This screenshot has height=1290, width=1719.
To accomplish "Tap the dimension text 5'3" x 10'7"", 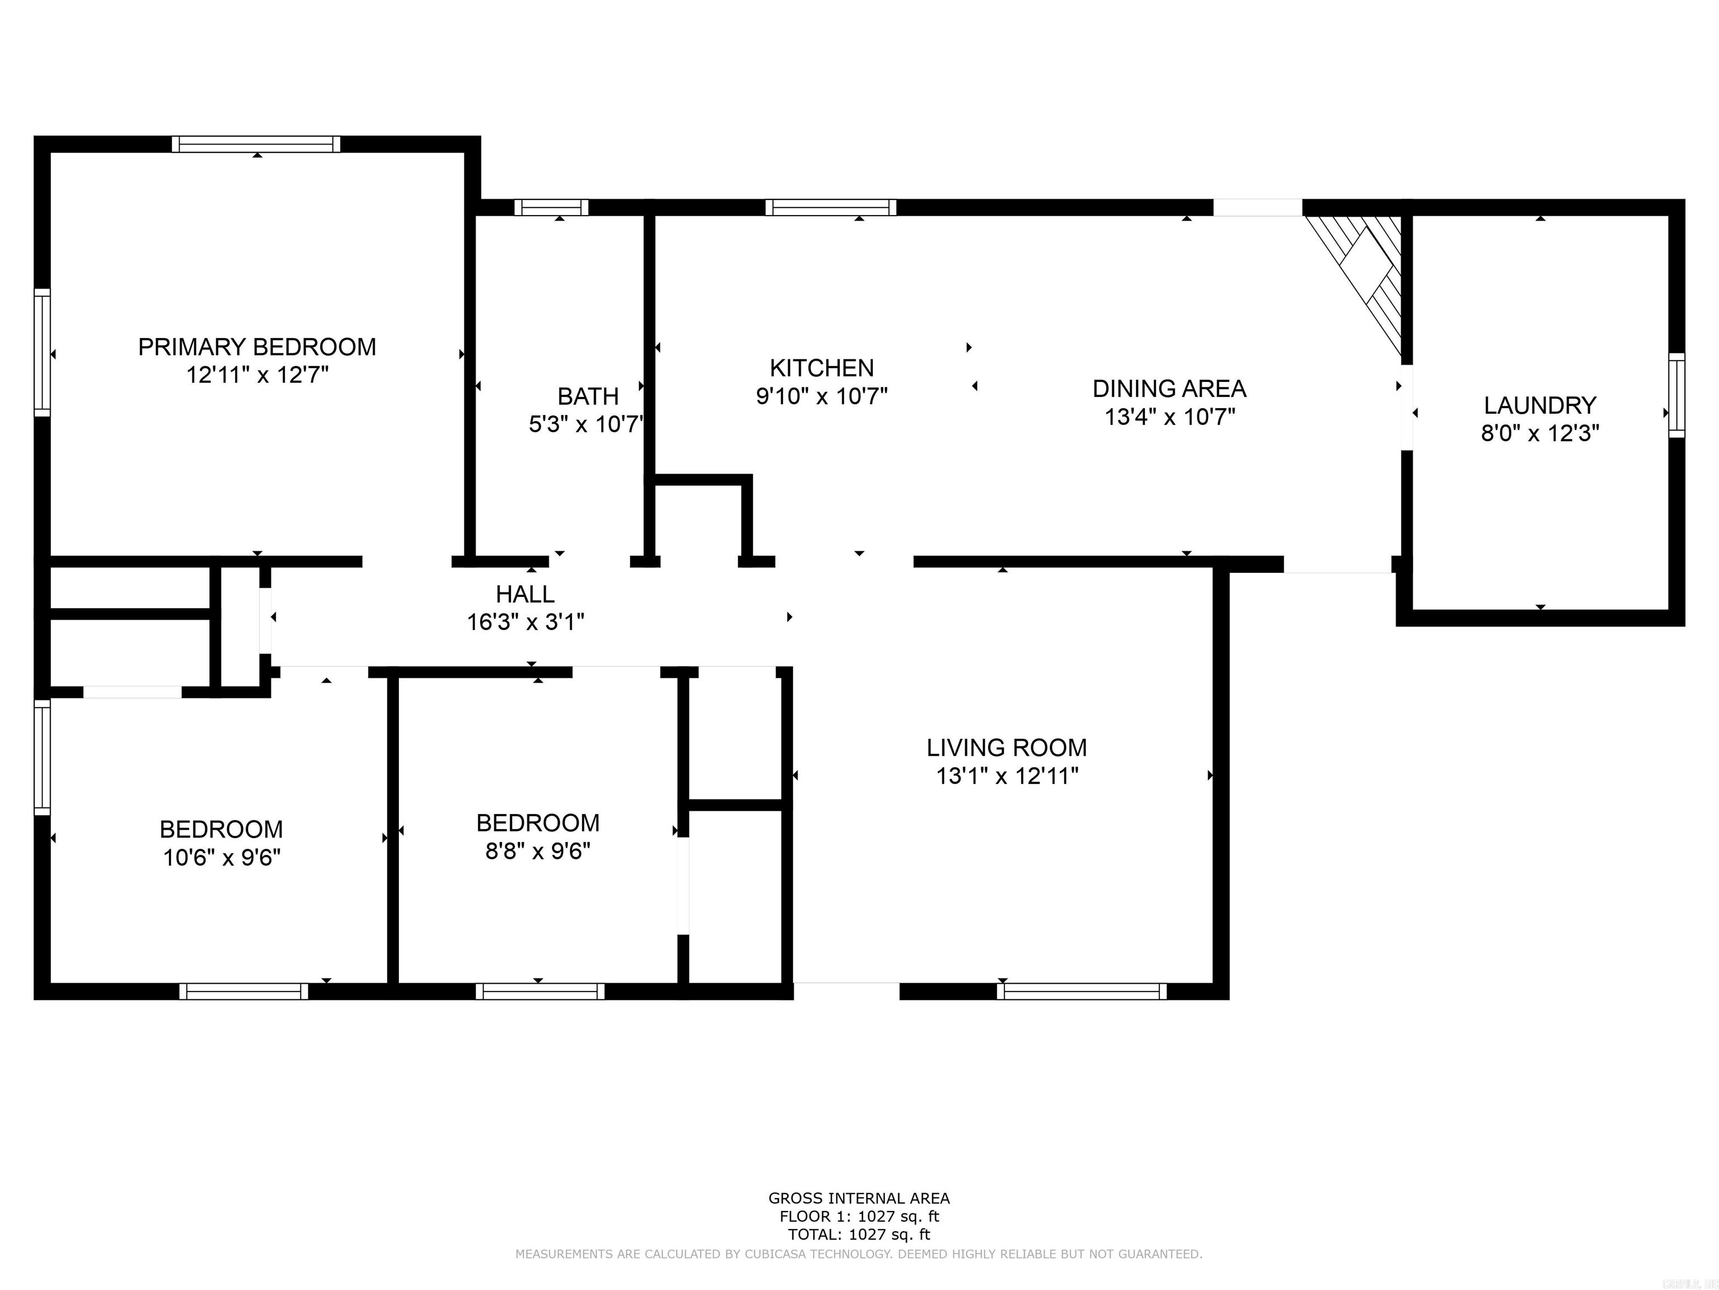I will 587,424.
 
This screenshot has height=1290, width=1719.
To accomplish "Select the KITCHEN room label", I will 821,368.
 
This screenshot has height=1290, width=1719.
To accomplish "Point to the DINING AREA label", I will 1169,389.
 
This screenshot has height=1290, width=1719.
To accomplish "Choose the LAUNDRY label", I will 1539,405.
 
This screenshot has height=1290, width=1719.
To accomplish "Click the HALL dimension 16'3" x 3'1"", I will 525,622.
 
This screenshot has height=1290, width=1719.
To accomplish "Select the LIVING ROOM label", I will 1006,748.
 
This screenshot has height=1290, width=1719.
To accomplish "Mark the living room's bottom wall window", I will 1081,992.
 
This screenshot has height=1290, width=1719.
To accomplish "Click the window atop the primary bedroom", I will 256,144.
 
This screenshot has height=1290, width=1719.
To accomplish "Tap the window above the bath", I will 551,208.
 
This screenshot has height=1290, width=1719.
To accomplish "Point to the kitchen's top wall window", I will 831,208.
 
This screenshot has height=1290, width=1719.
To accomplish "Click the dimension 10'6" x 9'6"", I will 222,858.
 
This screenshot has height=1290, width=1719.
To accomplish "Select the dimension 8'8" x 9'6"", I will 538,852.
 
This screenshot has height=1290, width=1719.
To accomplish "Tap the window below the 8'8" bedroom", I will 540,992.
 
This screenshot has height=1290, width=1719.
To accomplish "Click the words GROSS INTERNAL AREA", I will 859,1198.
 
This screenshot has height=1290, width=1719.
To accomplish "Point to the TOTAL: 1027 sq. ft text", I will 859,1234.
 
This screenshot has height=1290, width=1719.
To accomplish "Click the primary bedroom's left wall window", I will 42,353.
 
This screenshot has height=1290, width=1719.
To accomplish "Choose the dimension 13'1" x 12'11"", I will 1007,776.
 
